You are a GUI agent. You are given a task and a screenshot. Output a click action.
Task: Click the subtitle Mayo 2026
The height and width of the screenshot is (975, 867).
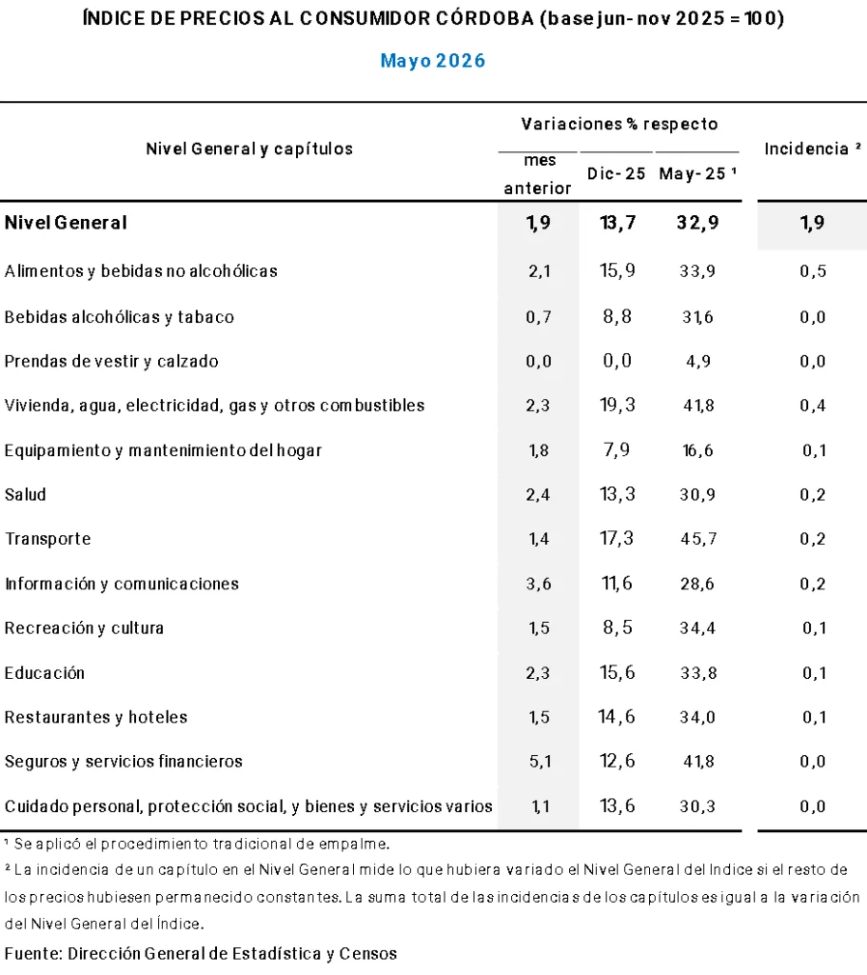click(x=433, y=61)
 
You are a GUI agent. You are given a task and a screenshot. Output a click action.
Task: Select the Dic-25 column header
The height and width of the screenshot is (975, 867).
click(x=617, y=173)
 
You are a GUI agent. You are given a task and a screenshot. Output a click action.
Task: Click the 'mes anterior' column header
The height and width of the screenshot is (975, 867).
click(x=538, y=174)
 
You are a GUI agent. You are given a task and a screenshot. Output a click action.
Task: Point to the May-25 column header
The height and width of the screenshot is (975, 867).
click(x=698, y=173)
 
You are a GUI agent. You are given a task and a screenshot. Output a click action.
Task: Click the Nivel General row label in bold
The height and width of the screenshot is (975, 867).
click(x=66, y=223)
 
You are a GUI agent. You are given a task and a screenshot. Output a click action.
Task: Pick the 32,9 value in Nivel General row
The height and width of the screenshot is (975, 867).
click(x=698, y=223)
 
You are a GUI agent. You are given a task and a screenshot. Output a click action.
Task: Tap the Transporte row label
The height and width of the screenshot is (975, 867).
click(x=48, y=539)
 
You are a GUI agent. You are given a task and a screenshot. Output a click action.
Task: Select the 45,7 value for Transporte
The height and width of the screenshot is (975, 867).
click(x=698, y=539)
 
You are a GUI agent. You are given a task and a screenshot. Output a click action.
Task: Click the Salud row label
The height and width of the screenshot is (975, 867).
click(x=26, y=494)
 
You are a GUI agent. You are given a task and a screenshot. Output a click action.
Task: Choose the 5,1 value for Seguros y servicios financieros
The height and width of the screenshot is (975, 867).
click(x=540, y=761)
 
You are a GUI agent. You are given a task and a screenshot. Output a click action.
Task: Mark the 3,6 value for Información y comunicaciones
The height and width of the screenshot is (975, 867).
click(x=539, y=584)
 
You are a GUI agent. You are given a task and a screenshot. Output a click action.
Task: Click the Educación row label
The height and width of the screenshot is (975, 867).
click(x=45, y=672)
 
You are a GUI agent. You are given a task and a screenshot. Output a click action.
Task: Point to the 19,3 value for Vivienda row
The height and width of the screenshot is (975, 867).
click(x=618, y=405)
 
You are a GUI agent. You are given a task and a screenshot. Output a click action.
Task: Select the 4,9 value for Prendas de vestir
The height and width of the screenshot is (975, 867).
click(x=698, y=361)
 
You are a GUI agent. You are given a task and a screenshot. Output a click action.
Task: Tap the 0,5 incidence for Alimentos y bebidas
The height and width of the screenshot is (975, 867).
click(x=813, y=271)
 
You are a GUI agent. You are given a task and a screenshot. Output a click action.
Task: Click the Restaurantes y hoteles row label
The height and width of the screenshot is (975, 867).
click(x=96, y=717)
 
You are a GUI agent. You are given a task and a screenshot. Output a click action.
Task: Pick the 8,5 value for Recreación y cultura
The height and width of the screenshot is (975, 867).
click(x=618, y=627)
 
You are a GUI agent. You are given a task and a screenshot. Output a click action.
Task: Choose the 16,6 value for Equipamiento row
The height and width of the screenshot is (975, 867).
click(x=698, y=450)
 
